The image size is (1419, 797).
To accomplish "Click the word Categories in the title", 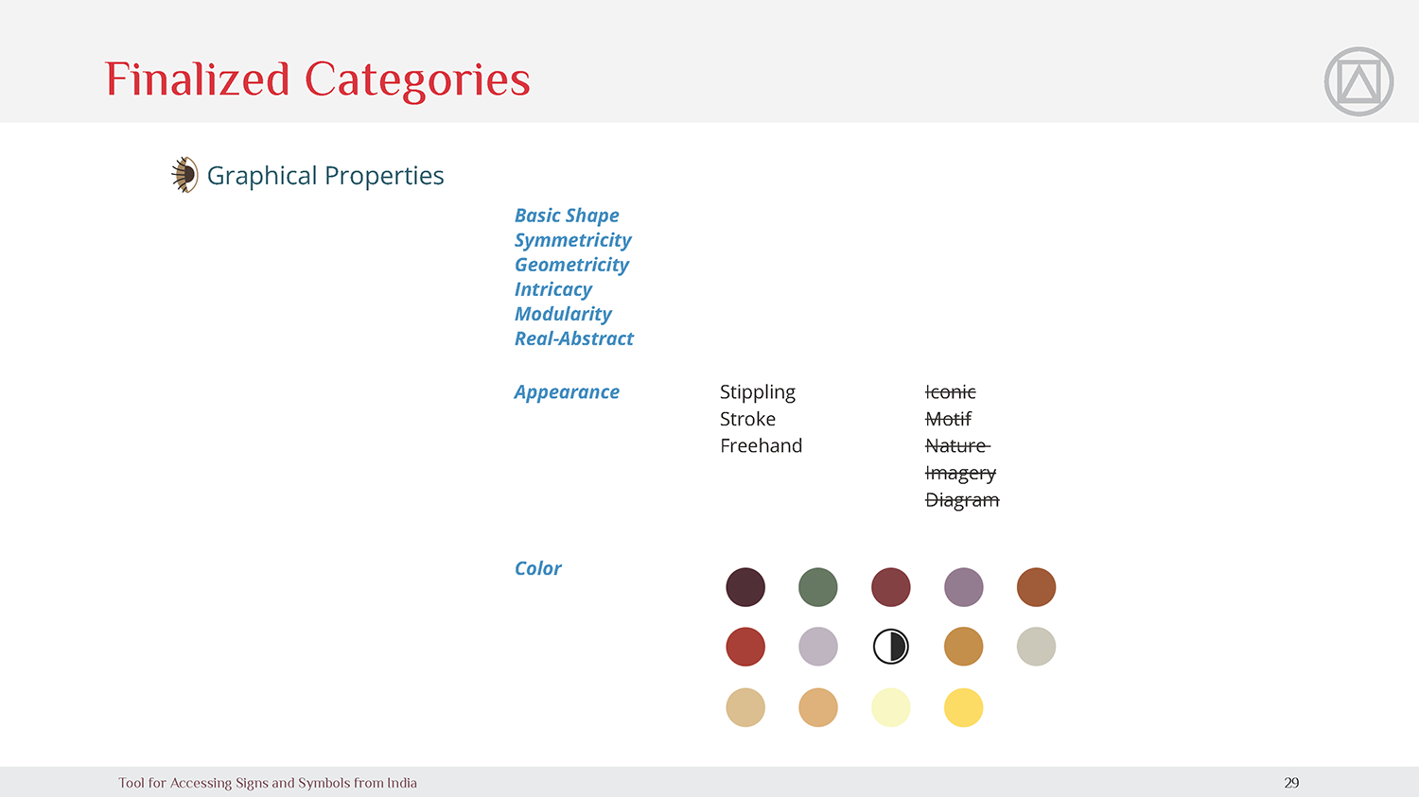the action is [x=417, y=80].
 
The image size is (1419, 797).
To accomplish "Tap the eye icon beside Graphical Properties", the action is [x=184, y=175].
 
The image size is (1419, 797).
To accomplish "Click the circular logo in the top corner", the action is [x=1358, y=81].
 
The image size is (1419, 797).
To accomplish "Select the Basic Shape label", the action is [x=567, y=216].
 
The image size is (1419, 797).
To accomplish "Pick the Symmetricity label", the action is [x=572, y=240].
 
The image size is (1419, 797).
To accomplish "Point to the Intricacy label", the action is [x=553, y=290].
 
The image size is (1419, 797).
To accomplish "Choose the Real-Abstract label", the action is [x=574, y=338].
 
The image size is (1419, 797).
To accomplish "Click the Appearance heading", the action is [x=567, y=392].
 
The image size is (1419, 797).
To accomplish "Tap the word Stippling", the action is [x=758, y=392].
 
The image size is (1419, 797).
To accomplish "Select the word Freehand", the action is [x=761, y=445].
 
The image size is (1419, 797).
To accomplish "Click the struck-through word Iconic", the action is [x=950, y=391].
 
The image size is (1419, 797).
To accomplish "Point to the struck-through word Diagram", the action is [x=962, y=500].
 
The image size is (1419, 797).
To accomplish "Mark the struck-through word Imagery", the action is [x=960, y=473].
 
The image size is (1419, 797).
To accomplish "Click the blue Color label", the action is [x=537, y=568].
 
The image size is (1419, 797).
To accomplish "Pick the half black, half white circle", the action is [x=891, y=647].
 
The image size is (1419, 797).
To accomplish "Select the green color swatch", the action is [x=818, y=587].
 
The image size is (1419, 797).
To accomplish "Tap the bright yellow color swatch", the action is [x=964, y=707].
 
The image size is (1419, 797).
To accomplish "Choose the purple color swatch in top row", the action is [x=964, y=587].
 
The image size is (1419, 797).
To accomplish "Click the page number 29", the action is [x=1291, y=783].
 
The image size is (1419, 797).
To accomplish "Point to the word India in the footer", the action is [x=402, y=783].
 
